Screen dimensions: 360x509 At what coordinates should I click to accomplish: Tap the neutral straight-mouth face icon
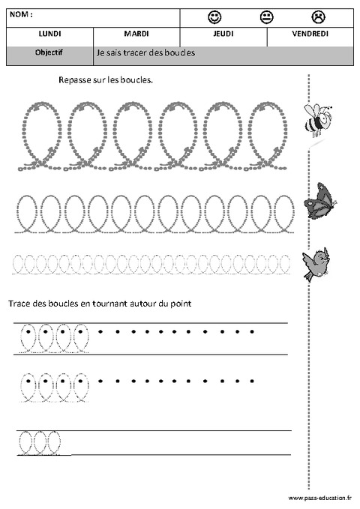(266, 16)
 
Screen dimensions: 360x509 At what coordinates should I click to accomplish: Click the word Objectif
(49, 53)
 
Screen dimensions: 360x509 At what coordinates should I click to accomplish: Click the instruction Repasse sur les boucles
(106, 79)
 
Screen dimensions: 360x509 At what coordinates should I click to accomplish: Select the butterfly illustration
(319, 201)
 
